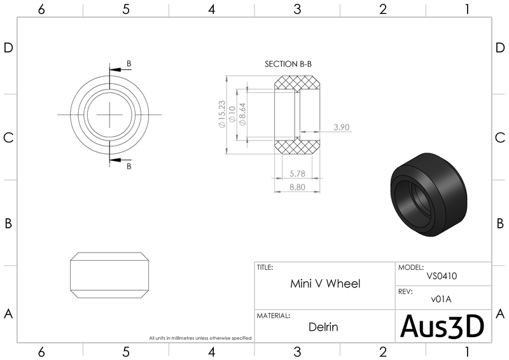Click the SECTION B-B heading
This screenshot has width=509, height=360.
288,64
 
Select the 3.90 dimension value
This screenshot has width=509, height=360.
342,127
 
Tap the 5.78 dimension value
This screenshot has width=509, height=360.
297,174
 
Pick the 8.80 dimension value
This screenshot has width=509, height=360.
297,187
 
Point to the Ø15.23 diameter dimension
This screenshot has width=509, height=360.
222,114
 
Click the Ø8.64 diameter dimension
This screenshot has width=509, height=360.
242,114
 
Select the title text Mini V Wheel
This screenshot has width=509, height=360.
325,284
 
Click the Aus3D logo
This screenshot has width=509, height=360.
442,326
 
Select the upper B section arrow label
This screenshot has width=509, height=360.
129,64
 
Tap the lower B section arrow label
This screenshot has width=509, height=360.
129,166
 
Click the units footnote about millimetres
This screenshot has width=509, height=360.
200,338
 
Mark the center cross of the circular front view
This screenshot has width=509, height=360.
109,114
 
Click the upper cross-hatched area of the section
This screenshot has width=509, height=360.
296,83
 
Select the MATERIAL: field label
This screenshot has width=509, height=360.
274,315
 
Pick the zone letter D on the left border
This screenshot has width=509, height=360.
9,49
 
